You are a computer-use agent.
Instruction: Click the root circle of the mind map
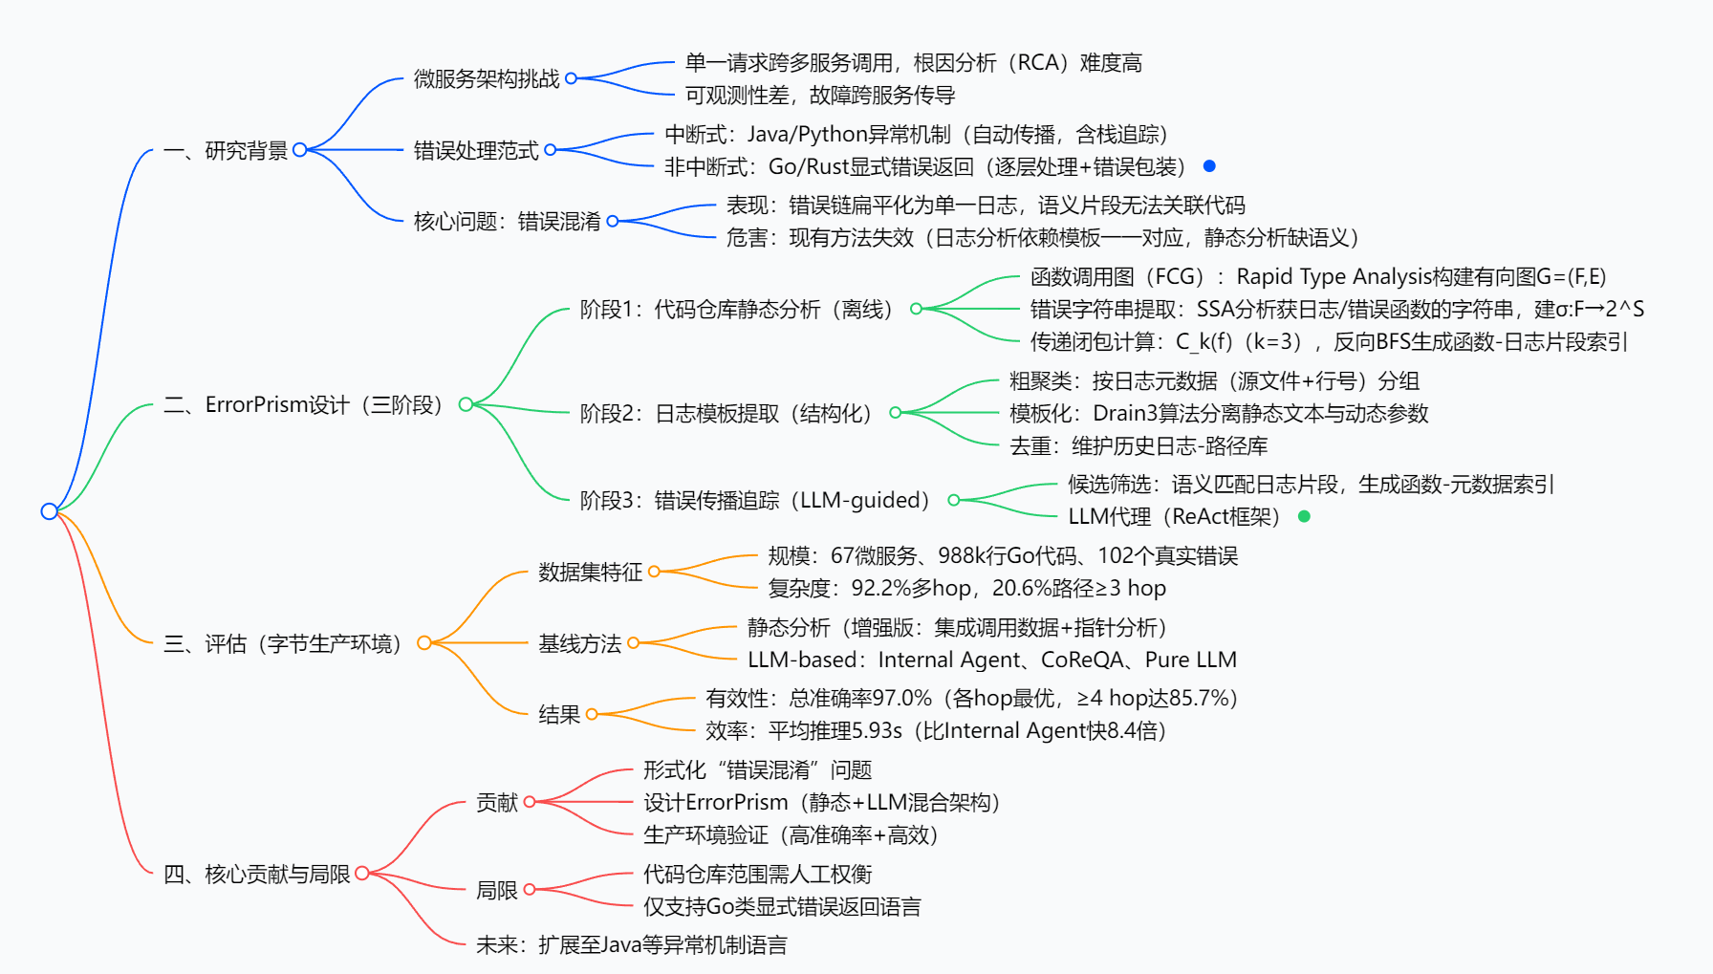tap(50, 511)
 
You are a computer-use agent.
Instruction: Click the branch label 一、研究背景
tap(226, 150)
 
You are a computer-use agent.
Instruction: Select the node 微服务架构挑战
tap(486, 78)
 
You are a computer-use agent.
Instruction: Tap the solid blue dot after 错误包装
tap(1209, 166)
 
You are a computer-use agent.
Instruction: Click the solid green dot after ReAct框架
tap(1304, 516)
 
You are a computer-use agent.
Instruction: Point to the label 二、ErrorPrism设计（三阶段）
tap(304, 404)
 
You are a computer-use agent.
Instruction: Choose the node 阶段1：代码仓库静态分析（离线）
tap(738, 309)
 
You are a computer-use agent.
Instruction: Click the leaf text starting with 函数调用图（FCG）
tap(1317, 276)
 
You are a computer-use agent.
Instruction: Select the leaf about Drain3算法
tap(1218, 413)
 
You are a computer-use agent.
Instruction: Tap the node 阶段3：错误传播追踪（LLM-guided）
tap(756, 500)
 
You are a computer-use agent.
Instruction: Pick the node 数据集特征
tap(590, 572)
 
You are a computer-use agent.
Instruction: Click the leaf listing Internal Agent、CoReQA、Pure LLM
tap(991, 660)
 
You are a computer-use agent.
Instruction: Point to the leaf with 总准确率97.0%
tap(971, 698)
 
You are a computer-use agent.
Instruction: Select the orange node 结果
tap(559, 714)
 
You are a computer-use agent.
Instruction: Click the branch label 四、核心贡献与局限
tap(256, 874)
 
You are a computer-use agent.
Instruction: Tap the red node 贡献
tap(497, 802)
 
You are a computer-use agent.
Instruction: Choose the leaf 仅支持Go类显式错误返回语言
tap(781, 906)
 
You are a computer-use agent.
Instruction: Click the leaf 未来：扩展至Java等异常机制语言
tap(631, 944)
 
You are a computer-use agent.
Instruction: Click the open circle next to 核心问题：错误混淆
tap(613, 221)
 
